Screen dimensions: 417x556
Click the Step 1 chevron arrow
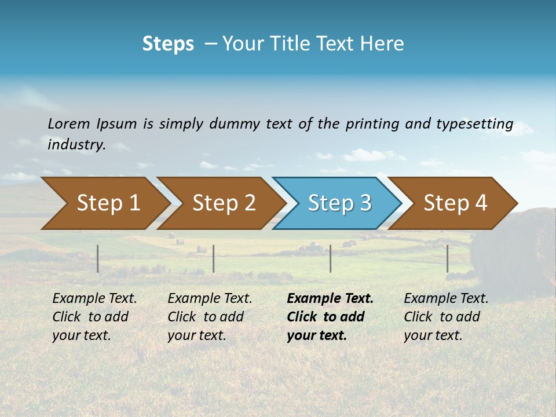(104, 203)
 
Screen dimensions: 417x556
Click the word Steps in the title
(168, 43)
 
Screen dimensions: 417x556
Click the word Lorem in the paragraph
(68, 123)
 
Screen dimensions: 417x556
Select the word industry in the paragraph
(76, 145)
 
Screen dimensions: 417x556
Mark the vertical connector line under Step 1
(98, 258)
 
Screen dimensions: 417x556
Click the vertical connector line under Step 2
(214, 258)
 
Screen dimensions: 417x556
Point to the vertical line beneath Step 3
(330, 258)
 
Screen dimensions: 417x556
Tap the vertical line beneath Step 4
(447, 258)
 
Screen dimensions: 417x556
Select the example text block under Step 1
(94, 317)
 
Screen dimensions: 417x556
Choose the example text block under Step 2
(209, 317)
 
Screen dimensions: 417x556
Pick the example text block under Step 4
(445, 317)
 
